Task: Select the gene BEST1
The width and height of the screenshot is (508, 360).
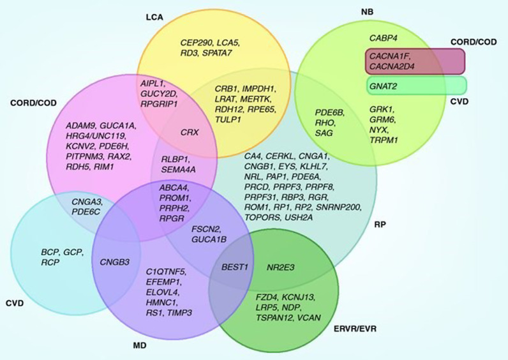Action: [234, 266]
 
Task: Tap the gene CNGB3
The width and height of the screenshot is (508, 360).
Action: [114, 261]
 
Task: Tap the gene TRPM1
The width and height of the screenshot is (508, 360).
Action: [384, 139]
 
